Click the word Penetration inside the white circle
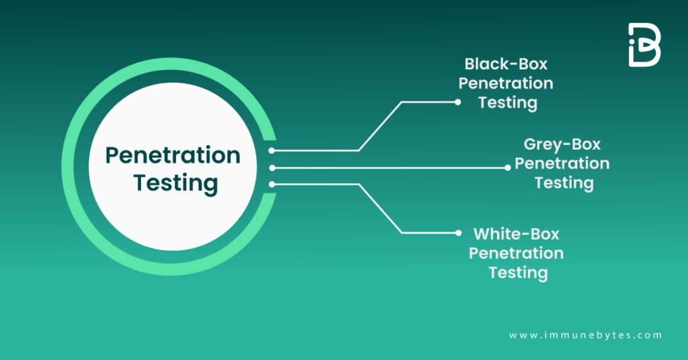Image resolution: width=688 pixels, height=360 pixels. click(173, 156)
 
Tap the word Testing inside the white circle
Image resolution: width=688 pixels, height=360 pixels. click(175, 183)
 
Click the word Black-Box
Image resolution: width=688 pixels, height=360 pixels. click(506, 64)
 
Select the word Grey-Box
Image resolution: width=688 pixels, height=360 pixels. click(562, 145)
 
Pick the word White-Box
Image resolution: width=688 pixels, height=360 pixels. click(517, 234)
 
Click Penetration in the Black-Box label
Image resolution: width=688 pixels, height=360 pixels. click(506, 83)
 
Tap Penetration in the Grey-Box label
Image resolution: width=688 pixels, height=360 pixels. click(562, 164)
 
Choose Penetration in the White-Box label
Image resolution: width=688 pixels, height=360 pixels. click(516, 253)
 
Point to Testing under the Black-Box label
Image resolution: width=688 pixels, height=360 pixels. click(508, 103)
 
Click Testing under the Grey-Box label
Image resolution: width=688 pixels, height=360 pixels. click(564, 183)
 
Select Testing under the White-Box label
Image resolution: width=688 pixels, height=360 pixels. click(518, 273)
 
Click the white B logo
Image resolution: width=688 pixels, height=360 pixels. click(644, 45)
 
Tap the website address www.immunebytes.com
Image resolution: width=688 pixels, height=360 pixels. click(585, 335)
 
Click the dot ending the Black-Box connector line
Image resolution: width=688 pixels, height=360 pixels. click(458, 102)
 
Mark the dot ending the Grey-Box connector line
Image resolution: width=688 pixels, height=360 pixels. click(508, 167)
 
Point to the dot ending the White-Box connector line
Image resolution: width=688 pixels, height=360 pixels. click(458, 233)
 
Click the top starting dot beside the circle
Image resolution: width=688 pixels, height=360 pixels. click(271, 150)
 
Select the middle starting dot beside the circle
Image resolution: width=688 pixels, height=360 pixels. click(272, 168)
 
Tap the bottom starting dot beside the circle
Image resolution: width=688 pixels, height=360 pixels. click(272, 185)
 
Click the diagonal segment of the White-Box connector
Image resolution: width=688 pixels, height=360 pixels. click(380, 209)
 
